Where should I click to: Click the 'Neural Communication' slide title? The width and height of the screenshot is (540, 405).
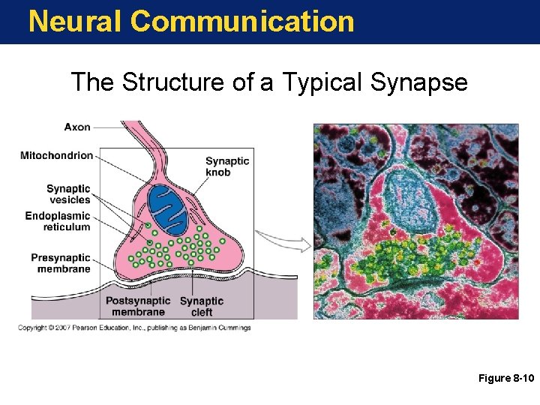point(191,21)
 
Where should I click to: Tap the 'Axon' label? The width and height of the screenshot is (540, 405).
point(77,127)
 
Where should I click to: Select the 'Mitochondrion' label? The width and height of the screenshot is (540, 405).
point(57,156)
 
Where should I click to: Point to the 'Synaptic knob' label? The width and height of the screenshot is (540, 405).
point(228,166)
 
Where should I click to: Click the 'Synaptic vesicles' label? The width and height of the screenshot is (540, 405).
point(68,194)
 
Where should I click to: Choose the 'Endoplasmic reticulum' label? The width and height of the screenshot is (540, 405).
point(58,221)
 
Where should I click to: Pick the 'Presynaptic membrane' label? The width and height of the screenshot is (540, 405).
point(61,263)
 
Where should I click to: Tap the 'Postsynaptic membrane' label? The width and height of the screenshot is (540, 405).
point(138,306)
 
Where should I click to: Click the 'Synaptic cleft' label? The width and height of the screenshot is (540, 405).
point(202,306)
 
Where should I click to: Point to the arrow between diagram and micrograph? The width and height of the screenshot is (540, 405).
point(283,242)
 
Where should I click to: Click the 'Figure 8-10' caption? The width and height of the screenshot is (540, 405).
point(505,379)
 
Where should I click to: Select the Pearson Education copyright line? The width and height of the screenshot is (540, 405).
point(135,328)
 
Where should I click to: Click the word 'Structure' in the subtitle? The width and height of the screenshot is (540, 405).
point(173,82)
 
